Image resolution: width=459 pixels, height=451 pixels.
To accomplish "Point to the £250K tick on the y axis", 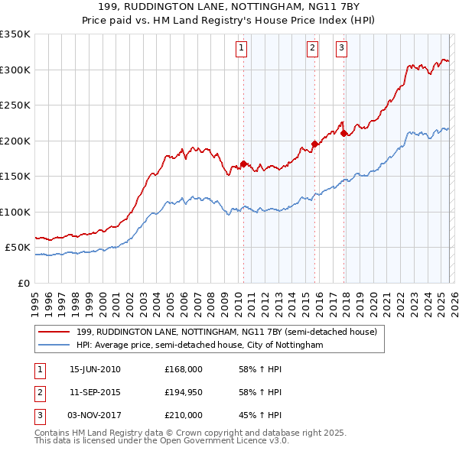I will click(15, 105).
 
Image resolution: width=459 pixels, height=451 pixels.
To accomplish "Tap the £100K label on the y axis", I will click(15, 212).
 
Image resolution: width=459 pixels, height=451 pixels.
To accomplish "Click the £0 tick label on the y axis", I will click(23, 283).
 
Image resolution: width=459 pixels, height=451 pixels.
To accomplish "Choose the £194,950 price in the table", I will click(184, 393).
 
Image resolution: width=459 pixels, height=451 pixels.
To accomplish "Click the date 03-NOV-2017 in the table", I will click(96, 416).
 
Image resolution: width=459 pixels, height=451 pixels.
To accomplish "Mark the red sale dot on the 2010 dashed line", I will click(243, 164).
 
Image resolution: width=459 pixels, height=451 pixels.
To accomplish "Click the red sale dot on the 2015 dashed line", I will click(314, 144).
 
